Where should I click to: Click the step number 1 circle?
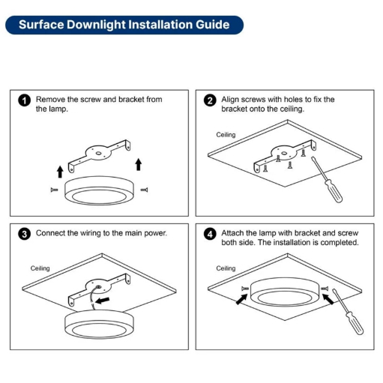coord(24,100)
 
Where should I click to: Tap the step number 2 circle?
coord(210,100)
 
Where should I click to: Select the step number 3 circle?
coord(24,234)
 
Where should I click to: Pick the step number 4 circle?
coord(210,234)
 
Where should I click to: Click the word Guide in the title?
coord(213,25)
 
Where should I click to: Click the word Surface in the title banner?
coord(41,25)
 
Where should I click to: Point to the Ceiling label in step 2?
coord(226,135)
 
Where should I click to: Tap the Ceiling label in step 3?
coord(40,268)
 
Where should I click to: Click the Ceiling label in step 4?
coord(226,268)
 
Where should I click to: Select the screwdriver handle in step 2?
coord(333,190)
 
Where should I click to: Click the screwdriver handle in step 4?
coord(354,323)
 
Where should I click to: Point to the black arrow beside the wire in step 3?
coord(103,301)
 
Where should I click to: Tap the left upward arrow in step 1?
coord(60,172)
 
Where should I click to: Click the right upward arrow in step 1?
coord(139,164)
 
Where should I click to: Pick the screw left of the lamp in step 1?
coord(54,190)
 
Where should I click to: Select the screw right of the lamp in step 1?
coord(144,190)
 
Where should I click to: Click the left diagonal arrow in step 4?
coord(241,299)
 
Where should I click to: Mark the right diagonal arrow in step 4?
coord(328,299)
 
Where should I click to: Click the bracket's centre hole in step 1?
coord(98,153)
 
